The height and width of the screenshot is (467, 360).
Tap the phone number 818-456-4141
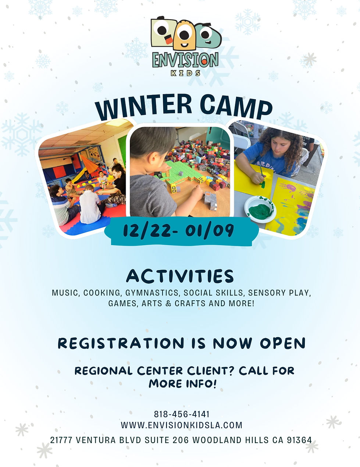(182, 414)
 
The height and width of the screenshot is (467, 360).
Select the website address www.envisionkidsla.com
(182, 425)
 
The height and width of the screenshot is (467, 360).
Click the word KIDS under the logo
(186, 73)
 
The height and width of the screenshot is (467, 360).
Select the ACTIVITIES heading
(180, 276)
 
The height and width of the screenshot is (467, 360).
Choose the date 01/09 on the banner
(210, 231)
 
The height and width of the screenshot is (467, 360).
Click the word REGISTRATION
(121, 343)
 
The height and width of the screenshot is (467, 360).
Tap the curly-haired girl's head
(279, 141)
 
